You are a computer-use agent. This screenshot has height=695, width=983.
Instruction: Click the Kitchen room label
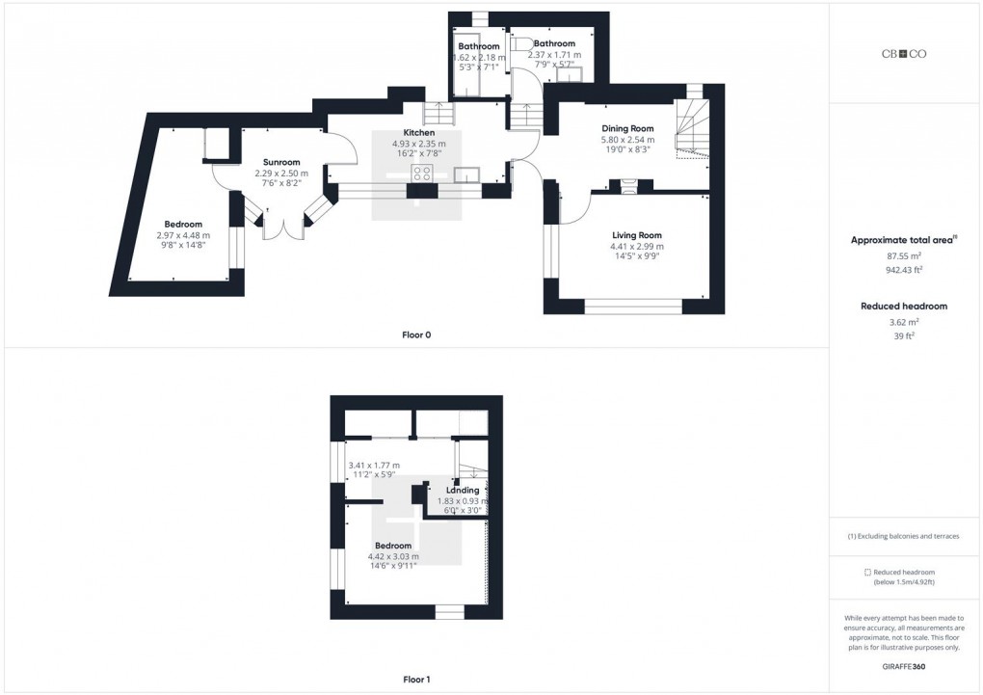click(418, 133)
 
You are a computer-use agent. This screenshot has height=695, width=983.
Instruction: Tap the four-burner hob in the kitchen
click(422, 174)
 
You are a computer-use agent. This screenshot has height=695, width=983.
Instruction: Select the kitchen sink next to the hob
click(466, 174)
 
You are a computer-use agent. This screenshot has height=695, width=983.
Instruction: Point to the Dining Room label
click(627, 128)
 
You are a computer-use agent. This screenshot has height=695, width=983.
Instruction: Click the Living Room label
click(637, 235)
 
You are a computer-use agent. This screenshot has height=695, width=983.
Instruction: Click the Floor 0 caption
click(416, 335)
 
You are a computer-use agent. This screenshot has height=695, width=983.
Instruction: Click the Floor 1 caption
click(416, 680)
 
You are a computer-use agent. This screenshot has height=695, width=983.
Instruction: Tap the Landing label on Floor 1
click(463, 491)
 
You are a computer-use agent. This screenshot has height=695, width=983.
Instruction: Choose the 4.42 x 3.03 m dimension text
click(393, 556)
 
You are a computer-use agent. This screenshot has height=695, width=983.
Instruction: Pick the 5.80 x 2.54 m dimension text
click(627, 139)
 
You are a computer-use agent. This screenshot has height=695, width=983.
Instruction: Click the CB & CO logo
click(904, 54)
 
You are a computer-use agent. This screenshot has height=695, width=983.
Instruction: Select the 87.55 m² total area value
click(903, 255)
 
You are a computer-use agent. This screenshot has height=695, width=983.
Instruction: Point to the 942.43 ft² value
click(903, 271)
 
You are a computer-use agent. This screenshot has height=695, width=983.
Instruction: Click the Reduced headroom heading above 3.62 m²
click(903, 307)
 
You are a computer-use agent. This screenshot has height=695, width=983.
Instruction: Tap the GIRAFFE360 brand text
click(903, 666)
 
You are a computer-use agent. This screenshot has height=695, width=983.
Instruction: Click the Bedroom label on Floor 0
click(182, 225)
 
